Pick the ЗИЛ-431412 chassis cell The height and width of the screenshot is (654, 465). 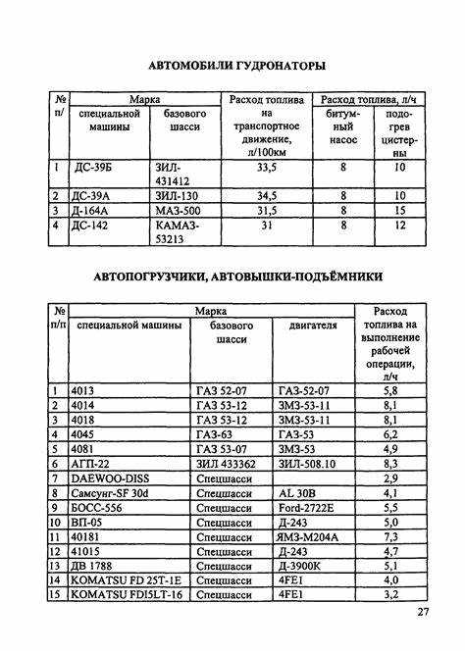(x=177, y=174)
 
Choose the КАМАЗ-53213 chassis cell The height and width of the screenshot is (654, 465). (x=179, y=232)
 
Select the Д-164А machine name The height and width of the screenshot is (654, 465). (x=95, y=211)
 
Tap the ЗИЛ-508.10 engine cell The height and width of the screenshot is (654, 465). (x=306, y=463)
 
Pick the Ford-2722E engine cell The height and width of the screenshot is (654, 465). (x=306, y=508)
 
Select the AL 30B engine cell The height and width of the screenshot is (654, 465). (x=297, y=493)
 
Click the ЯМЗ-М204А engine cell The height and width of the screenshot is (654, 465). (x=311, y=536)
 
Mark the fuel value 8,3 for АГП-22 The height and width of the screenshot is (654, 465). (x=390, y=463)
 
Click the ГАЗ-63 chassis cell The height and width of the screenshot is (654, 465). (x=215, y=433)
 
